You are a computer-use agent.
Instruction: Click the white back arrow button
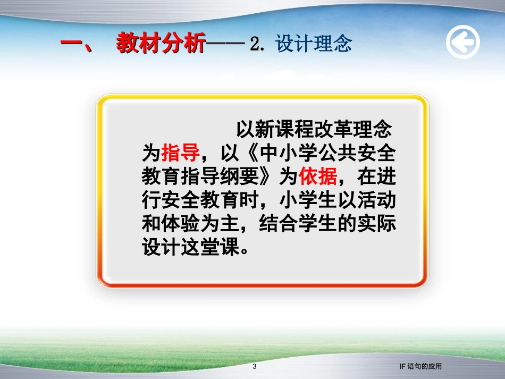click(462, 42)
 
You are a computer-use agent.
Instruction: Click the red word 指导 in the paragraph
click(180, 153)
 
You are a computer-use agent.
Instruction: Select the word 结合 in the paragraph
click(279, 224)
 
